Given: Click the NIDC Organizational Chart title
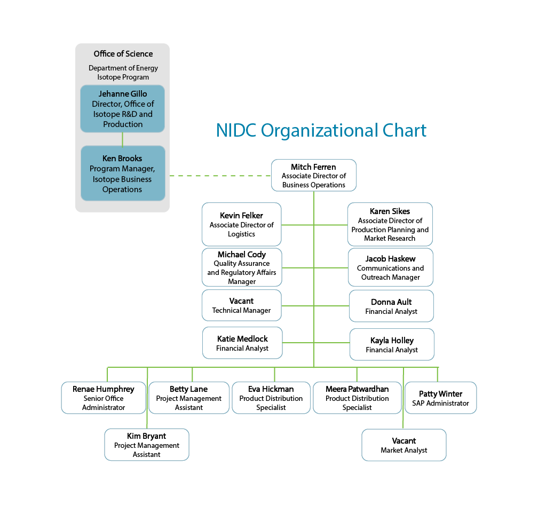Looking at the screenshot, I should (321, 131).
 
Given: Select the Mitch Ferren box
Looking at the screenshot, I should (313, 176).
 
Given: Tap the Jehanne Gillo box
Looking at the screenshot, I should (122, 109).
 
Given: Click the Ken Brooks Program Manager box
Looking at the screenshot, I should (122, 173).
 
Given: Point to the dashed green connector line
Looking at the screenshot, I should (220, 176).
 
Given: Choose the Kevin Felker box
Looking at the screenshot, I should (241, 224).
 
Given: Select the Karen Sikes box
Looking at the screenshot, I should (390, 224).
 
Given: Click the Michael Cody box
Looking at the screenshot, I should (241, 267).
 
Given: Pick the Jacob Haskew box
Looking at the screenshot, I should (390, 267).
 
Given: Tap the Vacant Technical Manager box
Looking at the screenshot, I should (241, 305).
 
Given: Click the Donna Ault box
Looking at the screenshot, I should (391, 306).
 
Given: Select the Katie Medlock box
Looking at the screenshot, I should (242, 343).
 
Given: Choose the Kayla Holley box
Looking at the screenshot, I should (392, 344).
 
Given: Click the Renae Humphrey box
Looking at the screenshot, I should (104, 398).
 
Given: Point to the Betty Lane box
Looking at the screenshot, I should (188, 398).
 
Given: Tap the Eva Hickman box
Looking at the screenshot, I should (271, 398).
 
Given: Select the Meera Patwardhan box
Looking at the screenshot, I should (357, 398).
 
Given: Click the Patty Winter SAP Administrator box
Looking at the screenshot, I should (440, 398).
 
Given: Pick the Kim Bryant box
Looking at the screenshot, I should (146, 445).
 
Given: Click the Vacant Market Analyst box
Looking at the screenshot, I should (403, 445).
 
